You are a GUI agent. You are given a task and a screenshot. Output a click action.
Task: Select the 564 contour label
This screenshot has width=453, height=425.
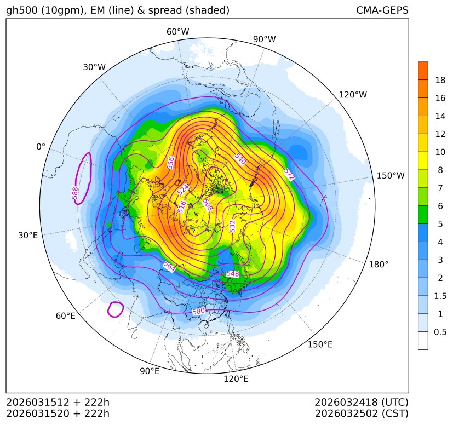[x=169, y=266]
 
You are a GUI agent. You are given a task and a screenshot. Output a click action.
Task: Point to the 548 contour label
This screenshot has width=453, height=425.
[x=233, y=273]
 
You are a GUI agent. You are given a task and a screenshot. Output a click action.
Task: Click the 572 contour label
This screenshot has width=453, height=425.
[x=289, y=175]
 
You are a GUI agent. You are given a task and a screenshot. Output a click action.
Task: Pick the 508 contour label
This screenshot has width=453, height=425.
[x=207, y=205]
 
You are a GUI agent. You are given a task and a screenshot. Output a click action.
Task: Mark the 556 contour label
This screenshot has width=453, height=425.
[x=171, y=163]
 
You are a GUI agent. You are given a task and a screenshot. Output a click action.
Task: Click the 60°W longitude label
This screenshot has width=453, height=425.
[x=177, y=32]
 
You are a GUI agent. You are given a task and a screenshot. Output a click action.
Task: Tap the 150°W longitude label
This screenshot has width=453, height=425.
[x=391, y=176]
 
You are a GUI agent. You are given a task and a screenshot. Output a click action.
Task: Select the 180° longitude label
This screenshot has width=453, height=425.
[x=379, y=264]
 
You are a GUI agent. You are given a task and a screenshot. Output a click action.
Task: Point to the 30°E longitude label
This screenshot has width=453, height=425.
[x=28, y=236]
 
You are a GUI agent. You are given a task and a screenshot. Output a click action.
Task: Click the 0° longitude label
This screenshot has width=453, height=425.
[x=41, y=147]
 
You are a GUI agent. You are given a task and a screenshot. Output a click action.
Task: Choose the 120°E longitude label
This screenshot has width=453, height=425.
[x=236, y=378]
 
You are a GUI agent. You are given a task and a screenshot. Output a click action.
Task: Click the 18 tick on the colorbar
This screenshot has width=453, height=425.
[x=440, y=80]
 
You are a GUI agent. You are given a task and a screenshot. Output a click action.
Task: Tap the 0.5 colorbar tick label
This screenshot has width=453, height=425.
[x=440, y=331]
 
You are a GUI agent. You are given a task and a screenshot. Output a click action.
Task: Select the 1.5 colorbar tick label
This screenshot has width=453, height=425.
[x=440, y=296]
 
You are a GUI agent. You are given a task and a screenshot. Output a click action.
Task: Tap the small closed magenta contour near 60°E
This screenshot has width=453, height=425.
[x=116, y=309]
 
